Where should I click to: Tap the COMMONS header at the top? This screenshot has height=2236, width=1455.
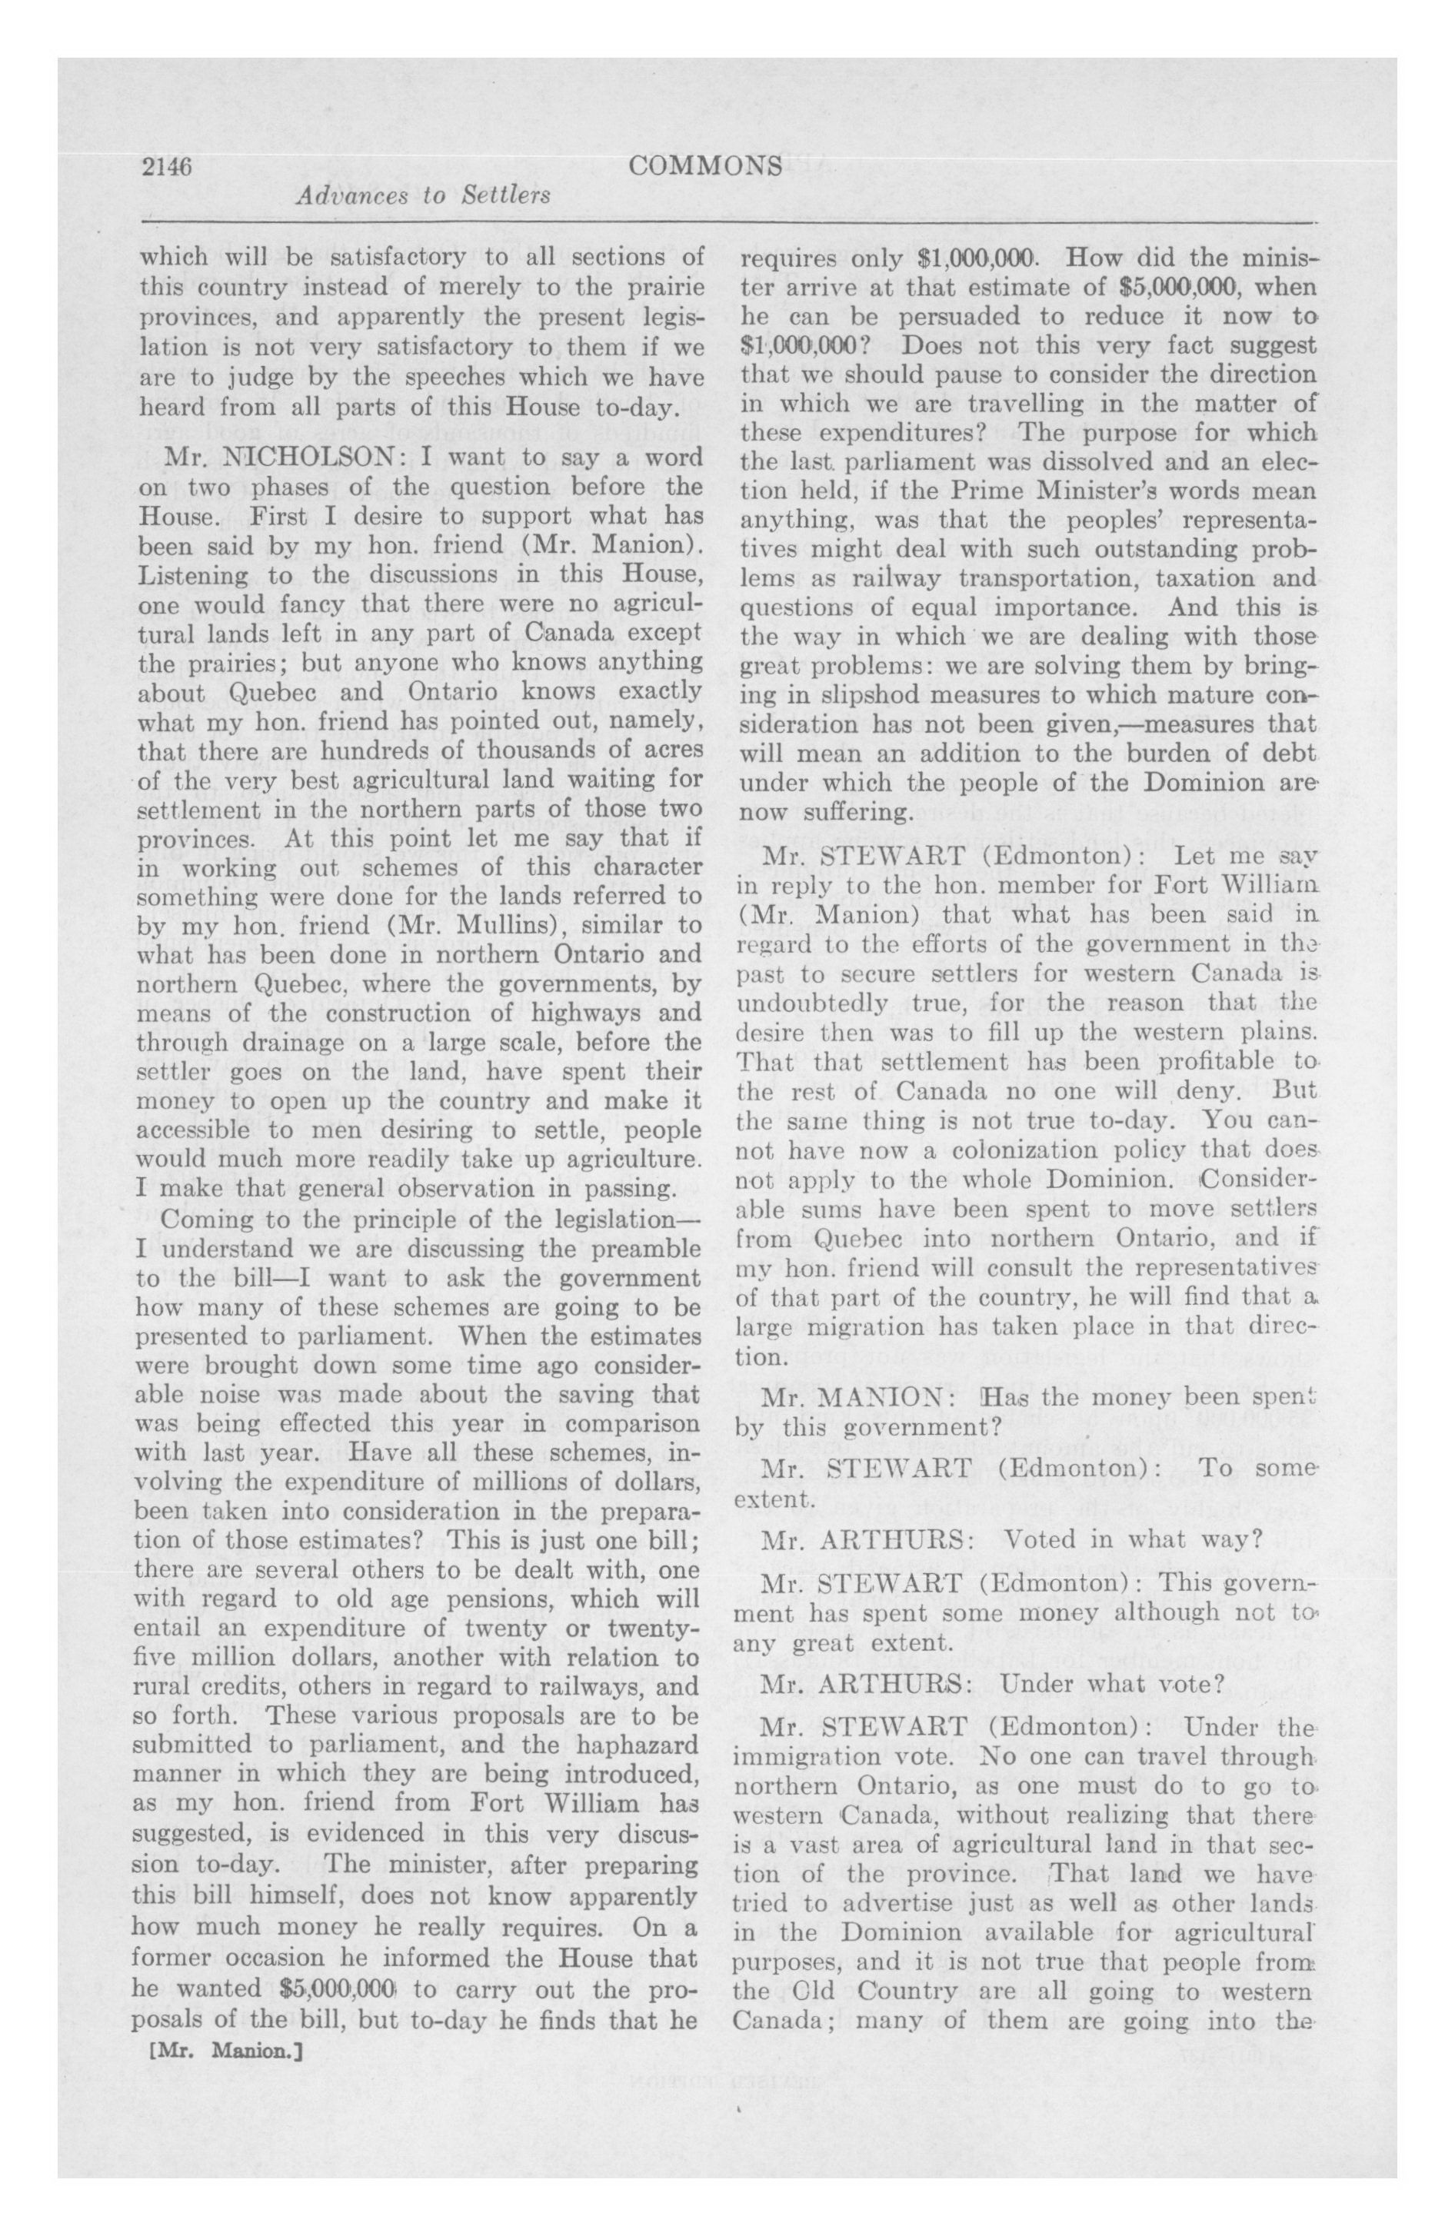(x=705, y=165)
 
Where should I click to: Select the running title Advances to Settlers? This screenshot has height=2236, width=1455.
(x=422, y=195)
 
